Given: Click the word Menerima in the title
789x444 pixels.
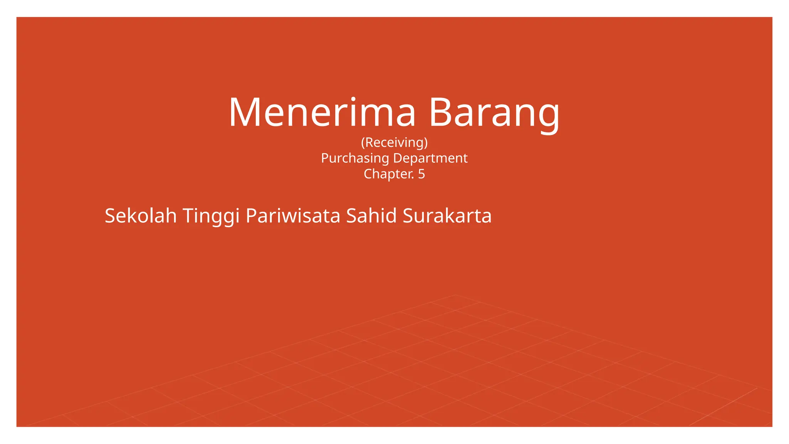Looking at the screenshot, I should pyautogui.click(x=322, y=113).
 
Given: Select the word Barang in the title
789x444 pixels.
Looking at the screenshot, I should pyautogui.click(x=494, y=113).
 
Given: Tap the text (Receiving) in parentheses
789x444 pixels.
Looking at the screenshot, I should pyautogui.click(x=394, y=143).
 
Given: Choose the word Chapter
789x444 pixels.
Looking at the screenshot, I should pyautogui.click(x=389, y=174).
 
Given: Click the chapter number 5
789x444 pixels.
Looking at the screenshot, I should pyautogui.click(x=421, y=174).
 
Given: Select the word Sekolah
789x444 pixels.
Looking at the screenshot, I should pyautogui.click(x=141, y=216).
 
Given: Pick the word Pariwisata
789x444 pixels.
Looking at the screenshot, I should pyautogui.click(x=293, y=216).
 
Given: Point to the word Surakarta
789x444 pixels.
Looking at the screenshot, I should pyautogui.click(x=447, y=216).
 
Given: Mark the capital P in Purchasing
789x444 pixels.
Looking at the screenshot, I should pyautogui.click(x=325, y=158).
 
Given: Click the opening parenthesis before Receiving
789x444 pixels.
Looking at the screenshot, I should pyautogui.click(x=363, y=143).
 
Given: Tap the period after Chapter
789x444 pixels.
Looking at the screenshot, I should pyautogui.click(x=413, y=178).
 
